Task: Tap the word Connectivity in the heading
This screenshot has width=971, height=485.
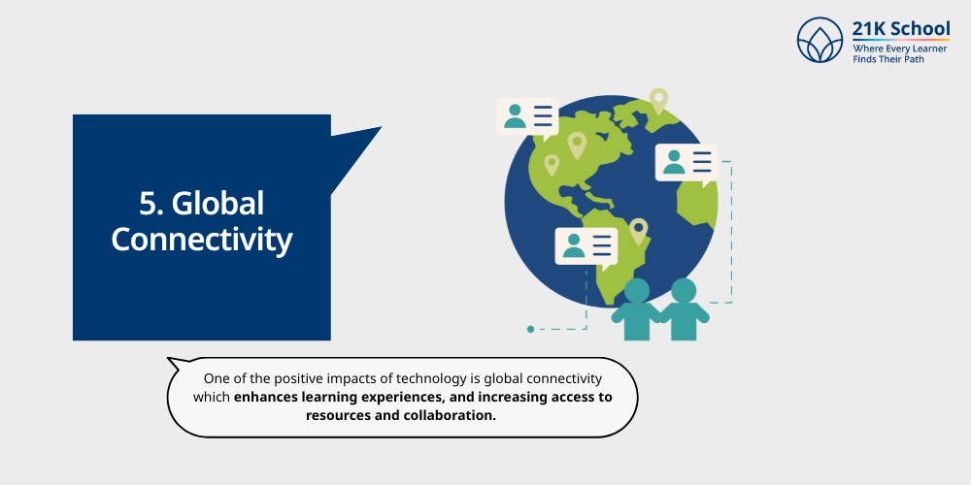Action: (x=202, y=239)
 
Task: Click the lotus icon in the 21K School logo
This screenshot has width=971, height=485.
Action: (x=820, y=40)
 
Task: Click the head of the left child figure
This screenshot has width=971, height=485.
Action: (x=637, y=290)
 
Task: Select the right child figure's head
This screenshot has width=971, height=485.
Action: (x=684, y=290)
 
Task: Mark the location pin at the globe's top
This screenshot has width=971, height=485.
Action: (x=659, y=99)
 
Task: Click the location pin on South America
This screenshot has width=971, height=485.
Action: (x=638, y=230)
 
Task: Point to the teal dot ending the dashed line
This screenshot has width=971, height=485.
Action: (x=530, y=329)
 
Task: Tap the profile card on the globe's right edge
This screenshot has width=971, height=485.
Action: (x=686, y=162)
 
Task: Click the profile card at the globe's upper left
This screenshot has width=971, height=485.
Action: (x=526, y=116)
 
